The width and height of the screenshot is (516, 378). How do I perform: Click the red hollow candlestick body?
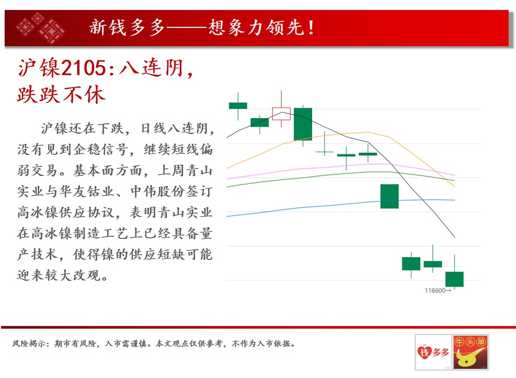pyautogui.click(x=281, y=113)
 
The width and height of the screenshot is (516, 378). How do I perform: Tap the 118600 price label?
pyautogui.click(x=435, y=290)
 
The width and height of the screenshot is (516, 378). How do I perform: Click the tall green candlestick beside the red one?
pyautogui.click(x=303, y=124)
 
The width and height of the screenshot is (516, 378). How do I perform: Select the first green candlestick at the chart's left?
pyautogui.click(x=238, y=106)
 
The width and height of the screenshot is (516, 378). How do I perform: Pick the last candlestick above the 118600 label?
pyautogui.click(x=455, y=279)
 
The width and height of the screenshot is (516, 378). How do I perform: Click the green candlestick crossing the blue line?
pyautogui.click(x=390, y=196)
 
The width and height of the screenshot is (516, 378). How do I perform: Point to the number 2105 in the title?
pyautogui.click(x=84, y=68)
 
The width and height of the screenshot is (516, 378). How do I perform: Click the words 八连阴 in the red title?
pyautogui.click(x=151, y=68)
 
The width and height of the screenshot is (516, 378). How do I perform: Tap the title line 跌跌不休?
pyautogui.click(x=61, y=94)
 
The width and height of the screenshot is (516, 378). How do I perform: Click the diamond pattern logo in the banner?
pyautogui.click(x=40, y=28)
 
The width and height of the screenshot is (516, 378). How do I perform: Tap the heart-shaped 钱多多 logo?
pyautogui.click(x=434, y=352)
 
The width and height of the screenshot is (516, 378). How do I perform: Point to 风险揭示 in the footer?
pyautogui.click(x=28, y=343)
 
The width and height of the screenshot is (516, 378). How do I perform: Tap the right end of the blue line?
pyautogui.click(x=455, y=200)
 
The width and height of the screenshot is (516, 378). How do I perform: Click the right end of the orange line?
pyautogui.click(x=455, y=187)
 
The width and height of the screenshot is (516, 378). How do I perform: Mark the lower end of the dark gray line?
pyautogui.click(x=455, y=237)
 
